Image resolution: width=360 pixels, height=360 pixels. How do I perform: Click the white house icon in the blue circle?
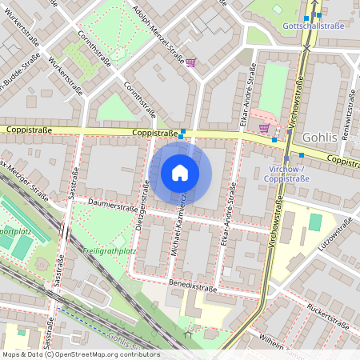coord(180,173)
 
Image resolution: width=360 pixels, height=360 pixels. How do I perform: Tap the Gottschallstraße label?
coord(314,26)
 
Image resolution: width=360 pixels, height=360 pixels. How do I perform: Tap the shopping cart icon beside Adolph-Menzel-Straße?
coord(190,62)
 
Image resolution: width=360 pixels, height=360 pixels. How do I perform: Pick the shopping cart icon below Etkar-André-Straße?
coord(264,128)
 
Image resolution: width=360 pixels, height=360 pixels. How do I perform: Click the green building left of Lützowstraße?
coord(315,222)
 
